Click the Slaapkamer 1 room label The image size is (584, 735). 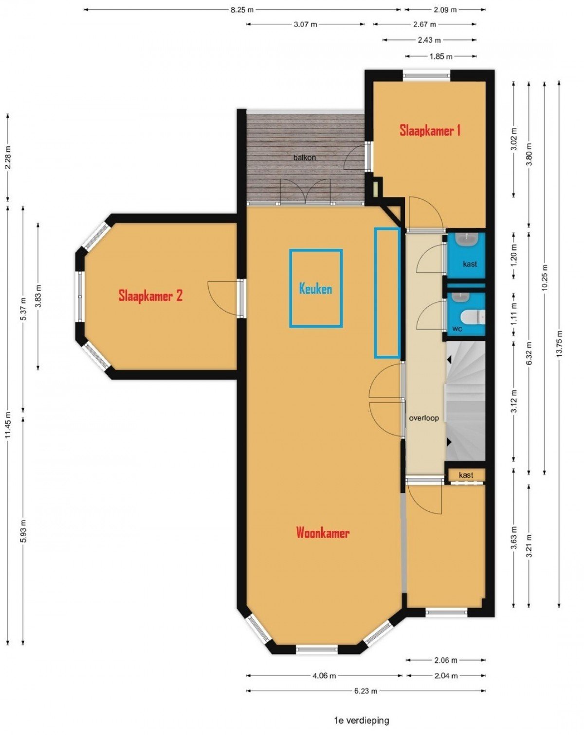(430, 130)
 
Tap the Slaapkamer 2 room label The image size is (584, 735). (150, 296)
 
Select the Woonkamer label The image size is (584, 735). (323, 533)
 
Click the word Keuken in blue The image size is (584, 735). (315, 289)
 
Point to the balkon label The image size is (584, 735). (304, 158)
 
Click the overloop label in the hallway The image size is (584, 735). (424, 418)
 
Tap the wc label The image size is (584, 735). (457, 329)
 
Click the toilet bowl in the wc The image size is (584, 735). (473, 316)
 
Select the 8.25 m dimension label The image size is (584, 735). (242, 10)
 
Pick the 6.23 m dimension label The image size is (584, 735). (365, 691)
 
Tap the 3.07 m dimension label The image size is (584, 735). (305, 25)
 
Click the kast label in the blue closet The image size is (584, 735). (470, 263)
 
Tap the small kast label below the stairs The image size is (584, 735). (466, 475)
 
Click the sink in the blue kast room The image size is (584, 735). (467, 240)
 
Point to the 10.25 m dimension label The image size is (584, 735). (545, 278)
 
